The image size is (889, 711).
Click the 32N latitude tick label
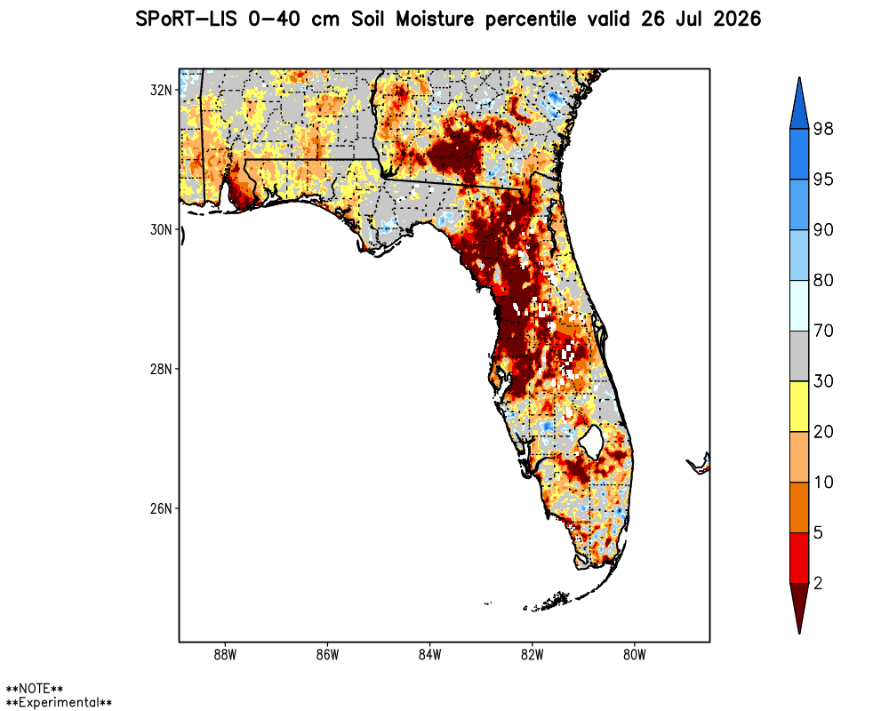[x=160, y=90]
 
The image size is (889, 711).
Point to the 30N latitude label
[x=160, y=229]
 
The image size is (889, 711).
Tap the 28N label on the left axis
[x=160, y=369]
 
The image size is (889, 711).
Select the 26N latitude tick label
[x=160, y=508]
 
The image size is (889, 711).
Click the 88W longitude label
[x=225, y=655]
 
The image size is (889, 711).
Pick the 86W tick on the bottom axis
[x=328, y=655]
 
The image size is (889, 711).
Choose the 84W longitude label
[x=429, y=655]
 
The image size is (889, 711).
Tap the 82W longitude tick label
[x=532, y=655]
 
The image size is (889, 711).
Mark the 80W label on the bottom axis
[x=635, y=655]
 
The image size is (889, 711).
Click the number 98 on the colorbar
[x=823, y=129]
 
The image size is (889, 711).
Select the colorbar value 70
[x=823, y=331]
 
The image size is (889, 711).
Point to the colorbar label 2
[x=818, y=583]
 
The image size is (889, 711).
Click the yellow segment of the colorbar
[x=799, y=406]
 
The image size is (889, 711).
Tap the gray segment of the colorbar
[x=799, y=356]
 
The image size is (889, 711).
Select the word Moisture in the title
[x=435, y=20]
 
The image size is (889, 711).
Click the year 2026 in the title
[x=736, y=20]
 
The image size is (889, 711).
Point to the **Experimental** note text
[x=59, y=702]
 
